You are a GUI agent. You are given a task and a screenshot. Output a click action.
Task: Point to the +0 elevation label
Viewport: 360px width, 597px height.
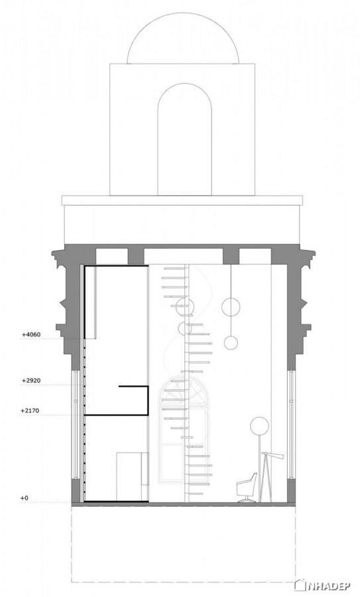pos(25,498)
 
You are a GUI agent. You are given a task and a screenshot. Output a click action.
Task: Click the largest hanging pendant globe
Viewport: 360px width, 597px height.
pos(231,308)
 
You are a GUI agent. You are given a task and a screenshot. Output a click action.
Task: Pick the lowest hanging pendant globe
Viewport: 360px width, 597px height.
pos(231,343)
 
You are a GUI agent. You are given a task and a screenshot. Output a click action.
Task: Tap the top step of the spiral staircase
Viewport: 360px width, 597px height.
pos(176,268)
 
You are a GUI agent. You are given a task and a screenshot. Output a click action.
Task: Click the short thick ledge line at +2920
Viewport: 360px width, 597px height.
pos(133,387)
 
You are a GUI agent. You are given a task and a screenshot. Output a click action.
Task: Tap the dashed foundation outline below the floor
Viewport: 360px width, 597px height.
pos(183,581)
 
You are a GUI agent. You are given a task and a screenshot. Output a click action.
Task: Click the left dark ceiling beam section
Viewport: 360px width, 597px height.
pos(135,256)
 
